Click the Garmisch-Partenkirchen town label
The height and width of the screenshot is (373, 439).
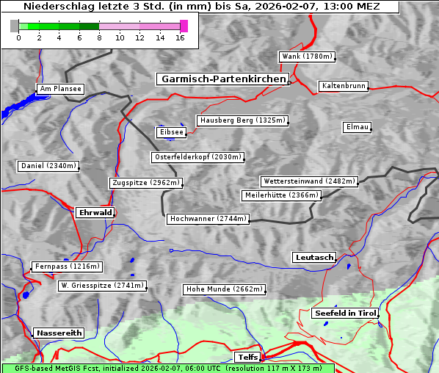(x=222, y=79)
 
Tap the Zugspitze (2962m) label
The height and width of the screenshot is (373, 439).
(x=145, y=183)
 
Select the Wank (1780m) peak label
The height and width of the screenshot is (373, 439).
(x=307, y=57)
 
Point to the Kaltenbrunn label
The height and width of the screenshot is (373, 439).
(x=343, y=86)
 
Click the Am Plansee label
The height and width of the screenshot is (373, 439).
(x=59, y=89)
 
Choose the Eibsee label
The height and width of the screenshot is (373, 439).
(x=170, y=132)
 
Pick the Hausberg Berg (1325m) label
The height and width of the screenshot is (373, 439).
(x=242, y=120)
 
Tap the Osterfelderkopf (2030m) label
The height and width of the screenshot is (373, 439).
(x=197, y=157)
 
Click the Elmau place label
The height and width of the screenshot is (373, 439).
(x=357, y=127)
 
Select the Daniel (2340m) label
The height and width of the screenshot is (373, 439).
(x=48, y=166)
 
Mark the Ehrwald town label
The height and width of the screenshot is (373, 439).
(x=95, y=212)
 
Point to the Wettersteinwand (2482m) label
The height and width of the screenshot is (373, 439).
(x=309, y=181)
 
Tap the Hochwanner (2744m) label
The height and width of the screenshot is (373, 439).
(x=208, y=219)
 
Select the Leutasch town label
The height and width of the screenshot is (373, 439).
(x=314, y=257)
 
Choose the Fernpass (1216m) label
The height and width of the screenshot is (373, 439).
(x=66, y=267)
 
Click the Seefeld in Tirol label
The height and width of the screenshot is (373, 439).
(x=345, y=313)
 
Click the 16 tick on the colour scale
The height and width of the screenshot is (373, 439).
(x=180, y=37)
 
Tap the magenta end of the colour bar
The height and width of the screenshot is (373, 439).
(x=184, y=26)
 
